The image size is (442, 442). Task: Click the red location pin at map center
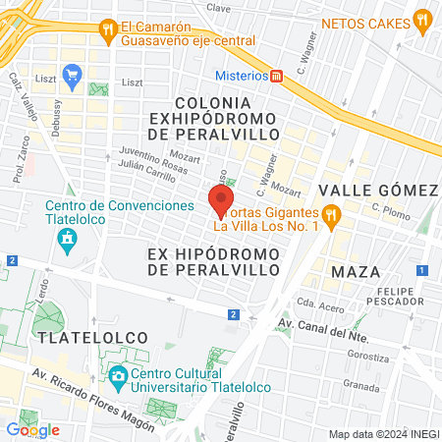[219, 200]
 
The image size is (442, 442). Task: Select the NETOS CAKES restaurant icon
[422, 17]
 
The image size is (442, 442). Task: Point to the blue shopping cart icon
[71, 75]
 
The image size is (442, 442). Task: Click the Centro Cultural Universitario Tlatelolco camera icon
[117, 375]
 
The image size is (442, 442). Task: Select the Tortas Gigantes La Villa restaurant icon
[332, 213]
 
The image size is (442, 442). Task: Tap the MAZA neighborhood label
[356, 270]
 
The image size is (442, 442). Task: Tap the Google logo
[32, 429]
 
